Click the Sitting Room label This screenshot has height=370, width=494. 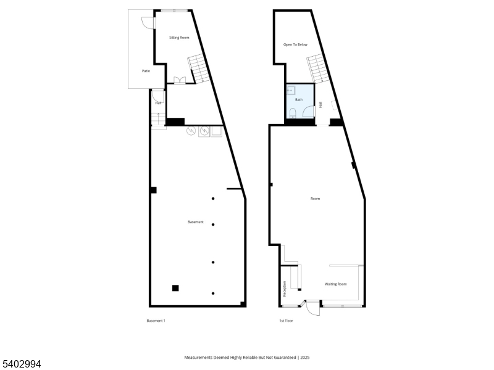click(179, 38)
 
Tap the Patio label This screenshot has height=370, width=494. click(146, 71)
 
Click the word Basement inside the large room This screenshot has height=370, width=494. click(196, 222)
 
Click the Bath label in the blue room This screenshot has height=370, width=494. click(299, 100)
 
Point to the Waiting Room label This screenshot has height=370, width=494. click(336, 284)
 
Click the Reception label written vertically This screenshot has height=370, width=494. click(285, 289)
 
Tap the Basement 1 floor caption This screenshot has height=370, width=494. click(156, 321)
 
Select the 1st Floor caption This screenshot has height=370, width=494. click(285, 321)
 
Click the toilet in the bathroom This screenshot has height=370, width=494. click(294, 113)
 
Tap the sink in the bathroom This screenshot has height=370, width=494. click(291, 90)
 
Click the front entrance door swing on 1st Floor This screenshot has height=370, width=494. click(314, 307)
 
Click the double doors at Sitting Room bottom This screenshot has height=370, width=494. click(180, 80)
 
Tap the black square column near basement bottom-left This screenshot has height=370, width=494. click(175, 287)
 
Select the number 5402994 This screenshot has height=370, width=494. click(22, 364)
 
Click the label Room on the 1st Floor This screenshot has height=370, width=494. click(316, 199)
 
